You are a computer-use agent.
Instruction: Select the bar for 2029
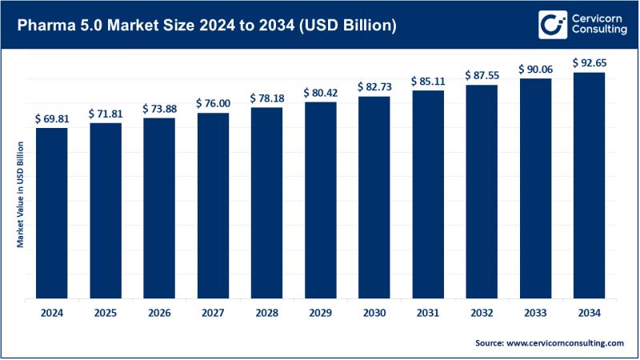click(x=320, y=200)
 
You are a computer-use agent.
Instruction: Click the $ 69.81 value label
click(x=51, y=118)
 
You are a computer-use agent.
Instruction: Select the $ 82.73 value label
click(x=374, y=86)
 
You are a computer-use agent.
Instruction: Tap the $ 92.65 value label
click(x=588, y=62)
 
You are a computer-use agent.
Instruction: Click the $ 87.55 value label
click(x=481, y=74)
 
